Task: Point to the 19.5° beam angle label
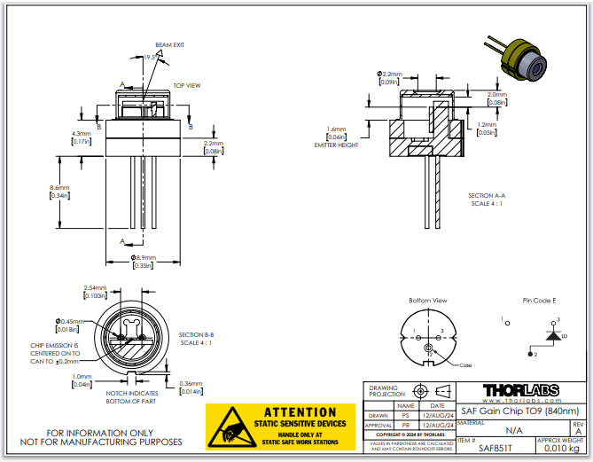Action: pos(151,56)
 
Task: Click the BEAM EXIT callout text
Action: pos(170,44)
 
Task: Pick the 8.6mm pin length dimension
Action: pos(59,188)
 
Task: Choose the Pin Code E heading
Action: pos(539,301)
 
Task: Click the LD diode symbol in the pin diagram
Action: pos(555,336)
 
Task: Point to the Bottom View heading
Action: pos(427,301)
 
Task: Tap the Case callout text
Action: pos(466,365)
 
